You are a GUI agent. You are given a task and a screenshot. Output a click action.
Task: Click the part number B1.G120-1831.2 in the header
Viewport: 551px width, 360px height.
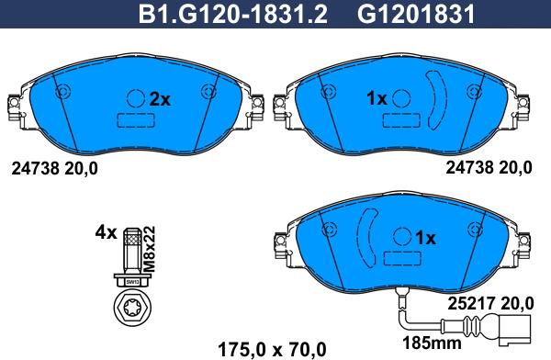pyautogui.click(x=233, y=15)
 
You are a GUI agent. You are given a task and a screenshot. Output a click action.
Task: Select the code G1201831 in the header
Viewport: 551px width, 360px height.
pyautogui.click(x=416, y=15)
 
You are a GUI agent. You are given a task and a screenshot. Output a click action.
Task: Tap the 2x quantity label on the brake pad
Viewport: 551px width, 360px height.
pyautogui.click(x=160, y=99)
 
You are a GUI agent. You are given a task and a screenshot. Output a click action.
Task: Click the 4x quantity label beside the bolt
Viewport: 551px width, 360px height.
pyautogui.click(x=106, y=232)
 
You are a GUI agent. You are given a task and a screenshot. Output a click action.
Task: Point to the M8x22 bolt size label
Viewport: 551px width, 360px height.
pyautogui.click(x=150, y=249)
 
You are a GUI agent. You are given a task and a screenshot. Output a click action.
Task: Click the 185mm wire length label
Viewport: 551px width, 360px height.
pyautogui.click(x=432, y=343)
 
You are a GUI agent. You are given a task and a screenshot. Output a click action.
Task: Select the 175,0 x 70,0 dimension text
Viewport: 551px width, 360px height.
pyautogui.click(x=273, y=350)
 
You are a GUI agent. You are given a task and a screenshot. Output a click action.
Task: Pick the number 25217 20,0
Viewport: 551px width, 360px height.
pyautogui.click(x=490, y=303)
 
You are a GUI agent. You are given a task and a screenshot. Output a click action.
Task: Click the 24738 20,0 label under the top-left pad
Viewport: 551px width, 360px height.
pyautogui.click(x=54, y=169)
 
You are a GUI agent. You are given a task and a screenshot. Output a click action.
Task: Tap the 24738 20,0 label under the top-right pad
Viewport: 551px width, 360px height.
pyautogui.click(x=489, y=168)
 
